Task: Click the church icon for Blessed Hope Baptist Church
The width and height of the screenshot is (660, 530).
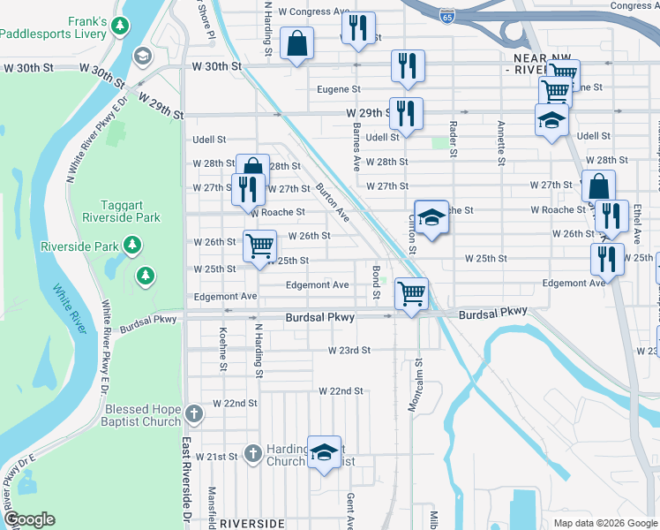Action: [195, 411]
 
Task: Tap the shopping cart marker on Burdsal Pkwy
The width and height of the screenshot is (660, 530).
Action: [411, 293]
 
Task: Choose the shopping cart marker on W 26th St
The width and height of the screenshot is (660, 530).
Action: [259, 246]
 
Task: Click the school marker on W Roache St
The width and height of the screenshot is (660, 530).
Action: [431, 216]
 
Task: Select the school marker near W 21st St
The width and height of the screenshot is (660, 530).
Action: [324, 452]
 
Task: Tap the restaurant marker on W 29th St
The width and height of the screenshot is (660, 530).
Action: [406, 113]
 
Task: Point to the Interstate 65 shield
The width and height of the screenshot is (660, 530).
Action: [447, 17]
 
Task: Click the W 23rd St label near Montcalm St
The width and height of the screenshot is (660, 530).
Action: [349, 350]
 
